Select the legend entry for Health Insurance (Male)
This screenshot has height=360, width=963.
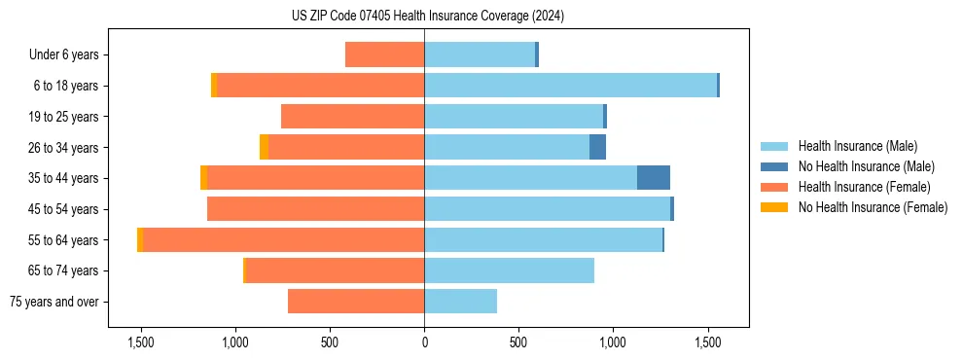click(857, 146)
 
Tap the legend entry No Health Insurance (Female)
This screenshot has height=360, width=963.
click(873, 207)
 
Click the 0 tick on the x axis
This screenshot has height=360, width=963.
click(424, 342)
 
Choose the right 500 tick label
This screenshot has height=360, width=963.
click(518, 342)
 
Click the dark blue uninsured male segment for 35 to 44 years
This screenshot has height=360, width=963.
click(654, 178)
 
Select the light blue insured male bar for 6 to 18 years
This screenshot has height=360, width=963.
click(570, 86)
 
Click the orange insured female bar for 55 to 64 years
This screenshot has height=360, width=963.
click(283, 240)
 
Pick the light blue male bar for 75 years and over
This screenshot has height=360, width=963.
click(460, 302)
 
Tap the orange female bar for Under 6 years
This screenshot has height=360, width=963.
click(384, 54)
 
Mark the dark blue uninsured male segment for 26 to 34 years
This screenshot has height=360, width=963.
click(597, 147)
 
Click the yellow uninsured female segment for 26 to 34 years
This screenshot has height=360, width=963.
click(264, 147)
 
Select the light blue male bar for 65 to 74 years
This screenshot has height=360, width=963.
click(509, 270)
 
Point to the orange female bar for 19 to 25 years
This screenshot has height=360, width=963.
click(352, 117)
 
